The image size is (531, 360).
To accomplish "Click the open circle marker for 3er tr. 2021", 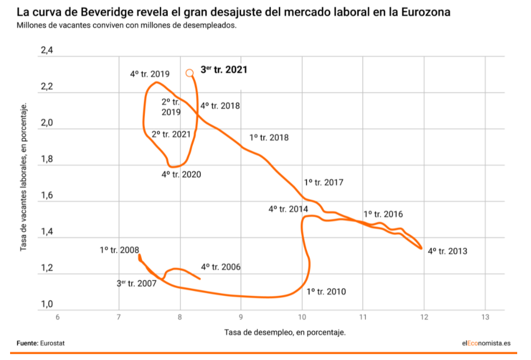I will pyautogui.click(x=190, y=73).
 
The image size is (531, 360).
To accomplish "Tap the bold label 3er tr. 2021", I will pyautogui.click(x=224, y=70).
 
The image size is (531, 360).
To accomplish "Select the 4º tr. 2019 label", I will pyautogui.click(x=150, y=74).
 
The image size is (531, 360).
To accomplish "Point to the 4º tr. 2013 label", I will pyautogui.click(x=448, y=251).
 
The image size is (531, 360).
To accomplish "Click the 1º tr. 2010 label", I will pyautogui.click(x=326, y=292).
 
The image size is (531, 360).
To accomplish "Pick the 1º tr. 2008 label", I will pyautogui.click(x=119, y=250).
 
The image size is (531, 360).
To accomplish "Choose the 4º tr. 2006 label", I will pyautogui.click(x=220, y=267).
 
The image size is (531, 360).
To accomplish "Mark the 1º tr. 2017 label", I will pyautogui.click(x=323, y=183).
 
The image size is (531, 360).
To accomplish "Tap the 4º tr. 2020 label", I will pyautogui.click(x=181, y=174).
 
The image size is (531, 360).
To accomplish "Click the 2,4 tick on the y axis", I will pyautogui.click(x=47, y=51).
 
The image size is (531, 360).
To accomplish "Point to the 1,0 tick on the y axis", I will pyautogui.click(x=47, y=304).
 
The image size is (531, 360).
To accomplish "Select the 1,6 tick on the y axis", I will pyautogui.click(x=47, y=196).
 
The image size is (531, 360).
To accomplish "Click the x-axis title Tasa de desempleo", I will pyautogui.click(x=285, y=332).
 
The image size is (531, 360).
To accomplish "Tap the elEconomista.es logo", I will pyautogui.click(x=486, y=343).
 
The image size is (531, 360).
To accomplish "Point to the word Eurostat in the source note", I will pyautogui.click(x=53, y=343).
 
